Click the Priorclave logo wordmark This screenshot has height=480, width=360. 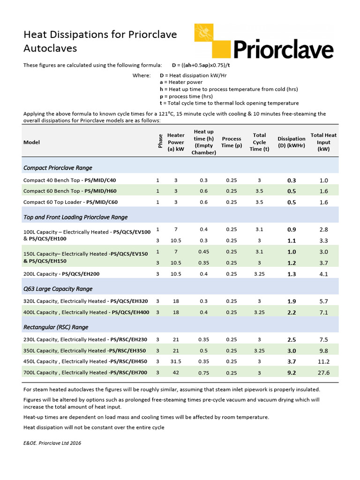[x=283, y=49]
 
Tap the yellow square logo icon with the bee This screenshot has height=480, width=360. [x=211, y=40]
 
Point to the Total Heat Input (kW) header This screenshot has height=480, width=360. [x=323, y=142]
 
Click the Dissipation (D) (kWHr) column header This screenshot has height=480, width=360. [x=291, y=142]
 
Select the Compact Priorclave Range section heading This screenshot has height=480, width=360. [x=58, y=168]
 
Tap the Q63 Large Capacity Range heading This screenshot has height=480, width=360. [x=58, y=289]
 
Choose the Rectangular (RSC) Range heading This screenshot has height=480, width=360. [x=56, y=327]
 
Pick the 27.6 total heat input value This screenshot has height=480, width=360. [x=323, y=373]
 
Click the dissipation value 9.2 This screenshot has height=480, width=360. [x=291, y=373]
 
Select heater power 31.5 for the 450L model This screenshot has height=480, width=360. [x=176, y=361]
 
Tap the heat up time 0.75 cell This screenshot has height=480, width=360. [x=203, y=373]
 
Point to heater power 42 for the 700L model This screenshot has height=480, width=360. [x=176, y=373]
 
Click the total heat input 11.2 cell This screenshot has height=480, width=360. [x=323, y=361]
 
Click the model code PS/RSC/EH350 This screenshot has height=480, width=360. [x=127, y=351]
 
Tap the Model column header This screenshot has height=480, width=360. [x=31, y=142]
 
